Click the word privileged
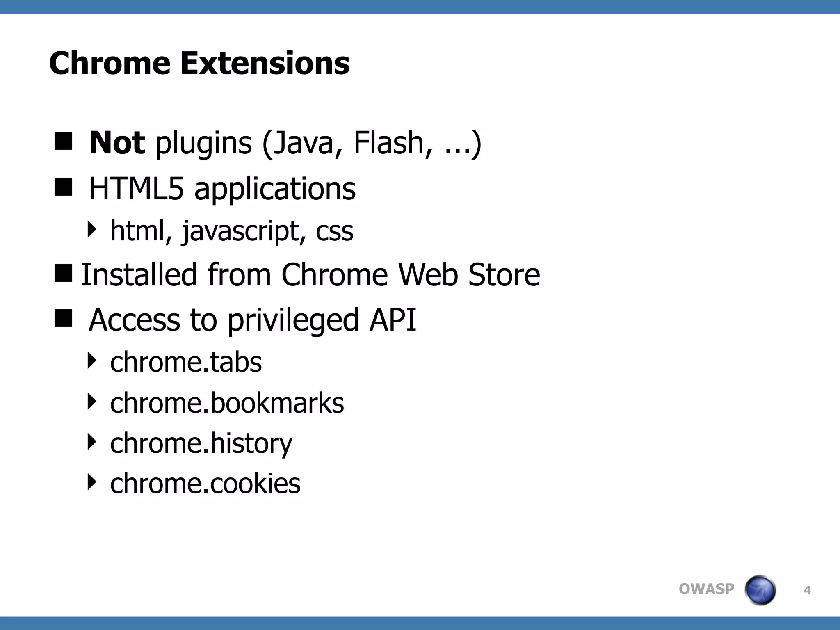click(x=293, y=320)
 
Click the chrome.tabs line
click(x=186, y=362)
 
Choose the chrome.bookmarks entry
click(x=227, y=403)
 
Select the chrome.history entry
click(x=201, y=443)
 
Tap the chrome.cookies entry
click(x=205, y=483)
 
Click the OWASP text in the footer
click(x=706, y=589)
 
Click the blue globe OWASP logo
click(x=760, y=590)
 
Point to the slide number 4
click(x=807, y=591)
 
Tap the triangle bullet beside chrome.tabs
click(x=92, y=361)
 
